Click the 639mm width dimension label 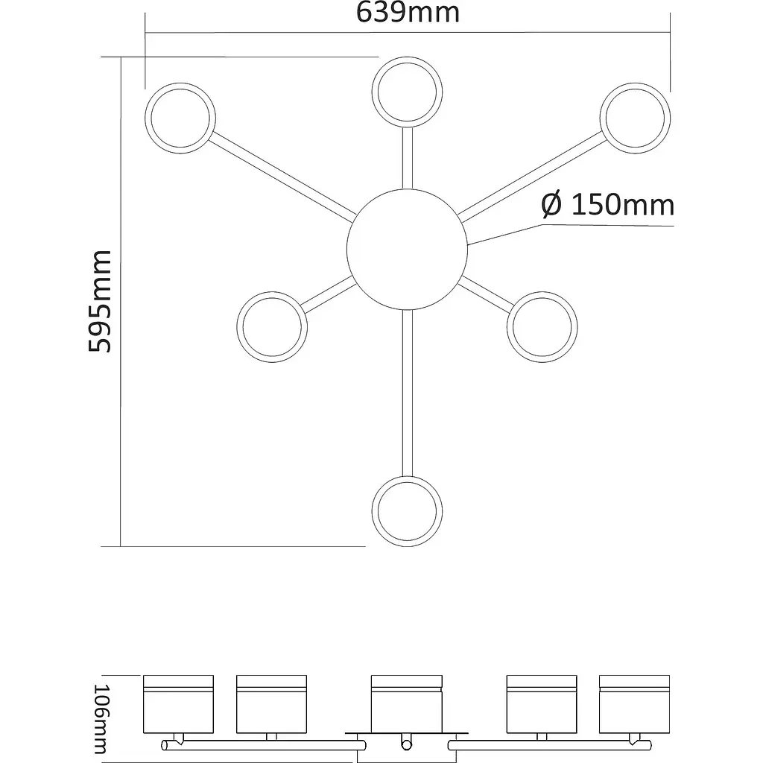pyautogui.click(x=408, y=13)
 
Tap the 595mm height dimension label pyautogui.click(x=99, y=302)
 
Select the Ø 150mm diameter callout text pyautogui.click(x=607, y=204)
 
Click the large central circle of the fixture pyautogui.click(x=407, y=249)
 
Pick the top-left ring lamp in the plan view pyautogui.click(x=180, y=119)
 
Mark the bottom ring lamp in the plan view pyautogui.click(x=407, y=511)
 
